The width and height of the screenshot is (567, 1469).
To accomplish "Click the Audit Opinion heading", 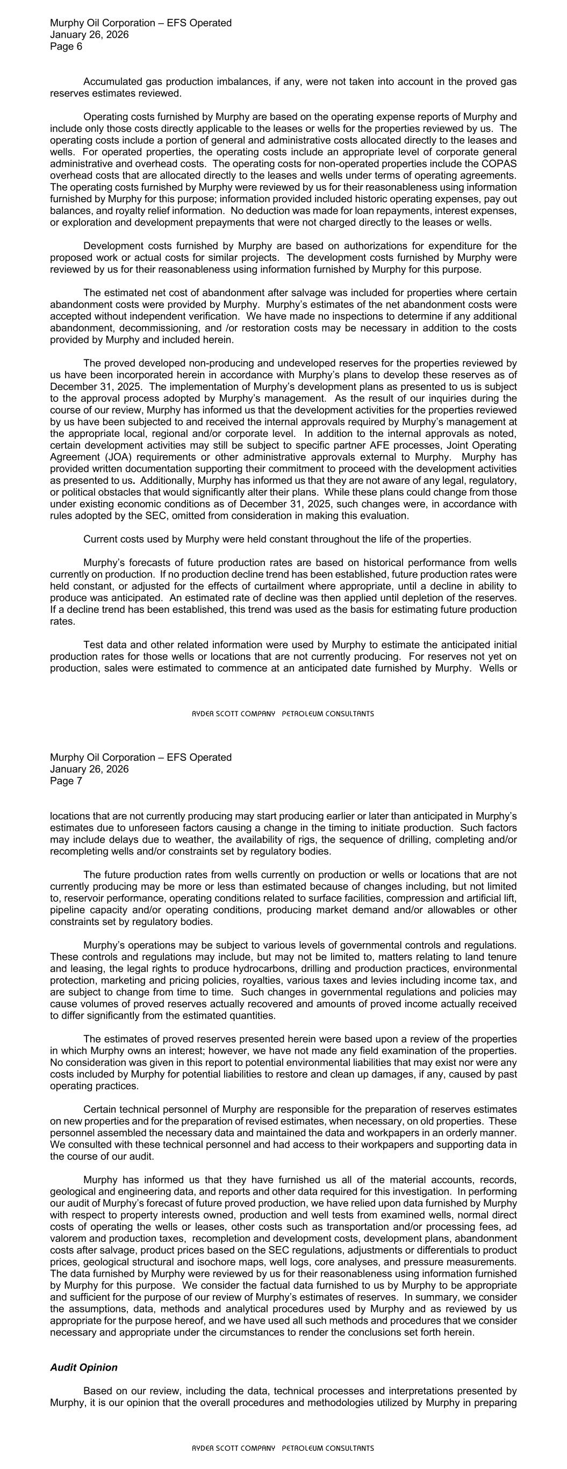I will (84, 1367).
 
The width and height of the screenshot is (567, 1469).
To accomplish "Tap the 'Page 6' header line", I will (66, 47).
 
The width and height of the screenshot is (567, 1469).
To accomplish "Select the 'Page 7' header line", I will (66, 781).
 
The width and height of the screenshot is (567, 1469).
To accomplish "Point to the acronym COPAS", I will (502, 164).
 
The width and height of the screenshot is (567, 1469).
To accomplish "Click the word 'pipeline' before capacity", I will (68, 909).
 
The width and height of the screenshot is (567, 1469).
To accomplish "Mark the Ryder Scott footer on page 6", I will (283, 714).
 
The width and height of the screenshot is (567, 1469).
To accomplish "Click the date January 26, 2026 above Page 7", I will (89, 769).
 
